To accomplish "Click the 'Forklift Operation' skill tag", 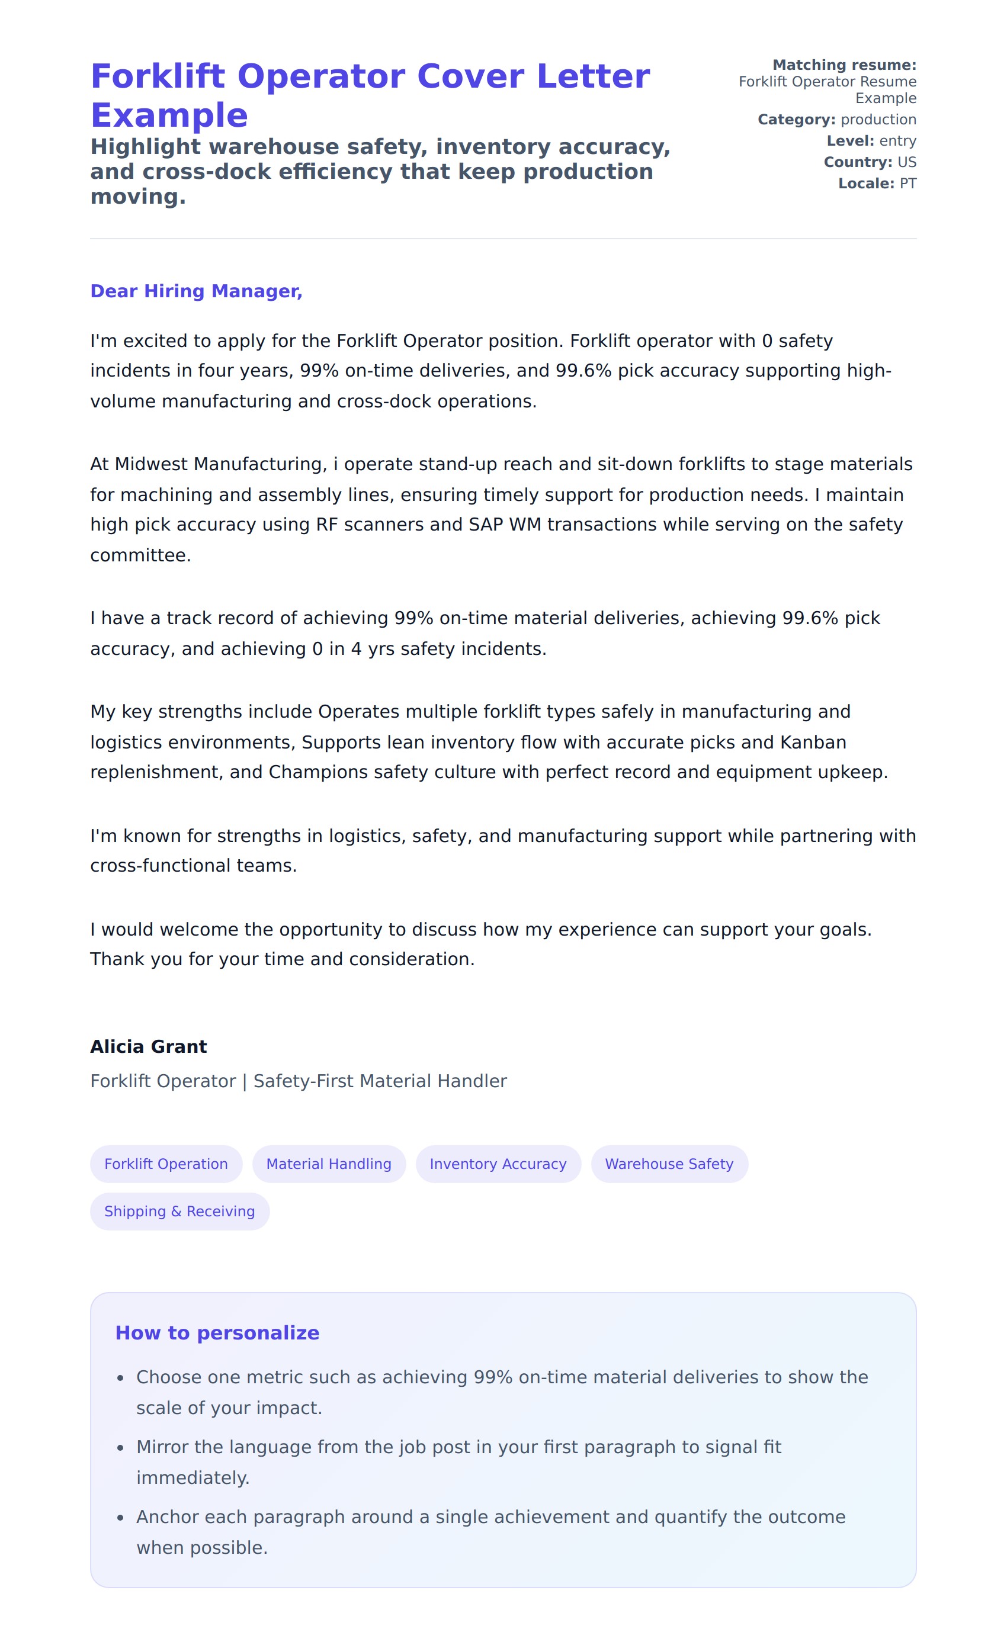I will (166, 1164).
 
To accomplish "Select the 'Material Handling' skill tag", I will (329, 1164).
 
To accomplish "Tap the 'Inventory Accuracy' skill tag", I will (498, 1164).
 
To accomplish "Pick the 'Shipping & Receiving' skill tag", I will (179, 1211).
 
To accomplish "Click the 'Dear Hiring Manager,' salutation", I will (196, 291).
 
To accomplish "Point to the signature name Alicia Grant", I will (148, 1046).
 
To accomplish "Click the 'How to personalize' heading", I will (217, 1332).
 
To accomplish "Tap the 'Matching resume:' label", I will (844, 65).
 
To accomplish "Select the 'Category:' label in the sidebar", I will (796, 120).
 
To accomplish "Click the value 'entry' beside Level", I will (897, 141).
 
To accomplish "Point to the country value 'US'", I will (907, 162).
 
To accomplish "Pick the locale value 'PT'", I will (907, 184).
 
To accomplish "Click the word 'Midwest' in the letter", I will (152, 464).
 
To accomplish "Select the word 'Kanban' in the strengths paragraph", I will (813, 743).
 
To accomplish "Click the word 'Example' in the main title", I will (169, 115).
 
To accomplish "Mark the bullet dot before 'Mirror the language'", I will (120, 1448).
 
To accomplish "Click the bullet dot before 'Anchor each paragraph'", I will (120, 1518).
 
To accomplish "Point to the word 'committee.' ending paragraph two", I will (140, 555).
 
